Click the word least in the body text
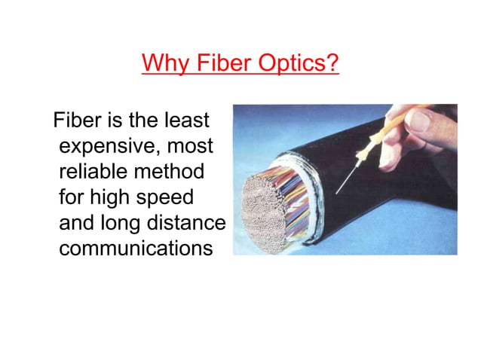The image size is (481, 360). (190, 121)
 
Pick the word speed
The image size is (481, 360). (167, 197)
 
